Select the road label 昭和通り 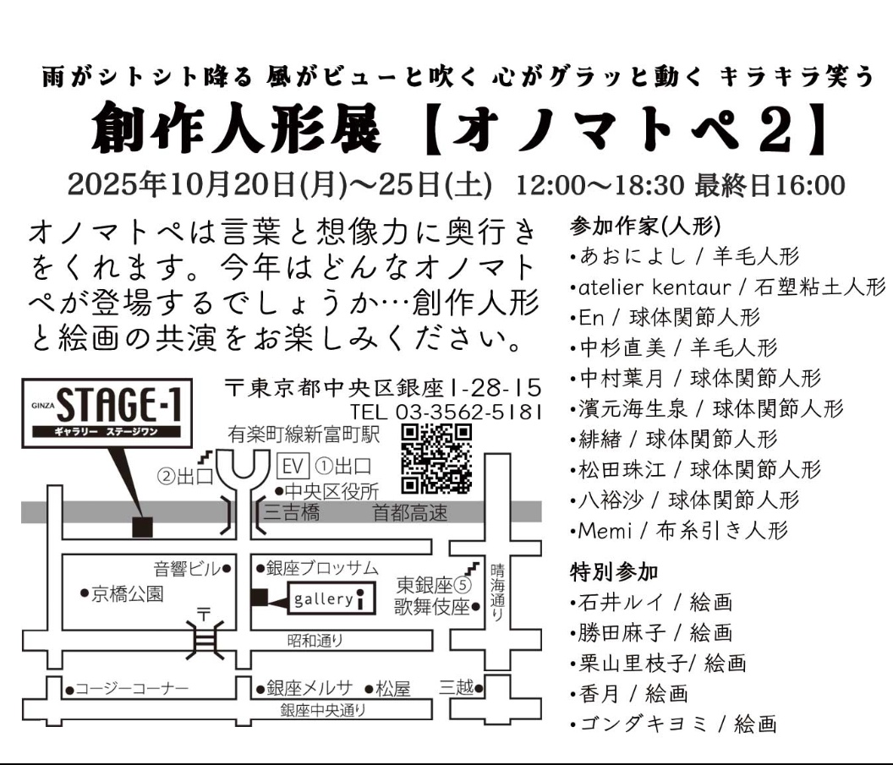click(315, 640)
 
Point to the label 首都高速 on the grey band click(411, 513)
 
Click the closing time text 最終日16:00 click(770, 183)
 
